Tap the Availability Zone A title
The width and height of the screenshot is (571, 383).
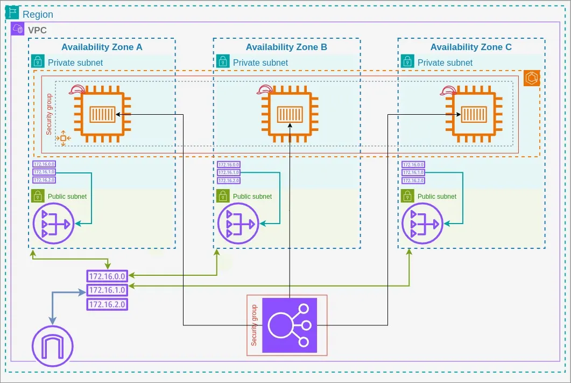(x=102, y=47)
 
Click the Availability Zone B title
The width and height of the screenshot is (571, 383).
(x=286, y=47)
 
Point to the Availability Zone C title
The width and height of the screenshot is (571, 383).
(x=471, y=47)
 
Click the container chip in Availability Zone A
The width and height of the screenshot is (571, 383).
(x=101, y=114)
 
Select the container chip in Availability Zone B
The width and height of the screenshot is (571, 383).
(x=290, y=114)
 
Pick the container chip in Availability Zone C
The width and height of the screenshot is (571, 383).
(x=474, y=114)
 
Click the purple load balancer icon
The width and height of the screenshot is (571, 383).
(x=290, y=325)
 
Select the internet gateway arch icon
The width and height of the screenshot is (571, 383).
(x=52, y=345)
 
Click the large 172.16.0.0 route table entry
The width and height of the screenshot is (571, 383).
(x=107, y=276)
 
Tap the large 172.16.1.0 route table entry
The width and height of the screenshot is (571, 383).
(x=107, y=290)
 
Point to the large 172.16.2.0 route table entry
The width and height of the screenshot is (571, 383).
(x=107, y=304)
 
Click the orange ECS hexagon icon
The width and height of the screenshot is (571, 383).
(x=532, y=78)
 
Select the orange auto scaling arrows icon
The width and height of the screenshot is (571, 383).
(x=63, y=138)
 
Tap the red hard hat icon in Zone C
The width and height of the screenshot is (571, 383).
(x=448, y=90)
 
